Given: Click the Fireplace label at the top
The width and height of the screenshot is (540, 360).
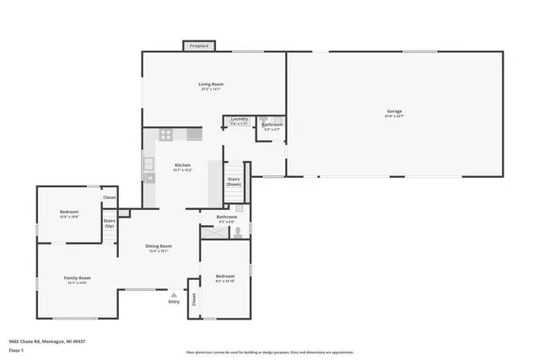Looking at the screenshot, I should click(x=199, y=46).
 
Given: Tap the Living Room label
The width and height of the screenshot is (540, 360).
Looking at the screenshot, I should click(x=211, y=84).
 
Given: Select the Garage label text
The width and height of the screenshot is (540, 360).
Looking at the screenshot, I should click(x=394, y=111).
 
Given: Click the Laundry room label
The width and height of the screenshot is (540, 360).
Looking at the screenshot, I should click(x=240, y=119).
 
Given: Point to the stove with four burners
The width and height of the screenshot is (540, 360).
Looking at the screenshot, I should click(x=166, y=134).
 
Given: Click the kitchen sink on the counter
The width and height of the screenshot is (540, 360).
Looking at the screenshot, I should click(x=149, y=164).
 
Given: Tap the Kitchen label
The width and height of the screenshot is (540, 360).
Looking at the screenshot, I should click(x=183, y=165).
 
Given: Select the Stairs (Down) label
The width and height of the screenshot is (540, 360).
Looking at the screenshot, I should click(x=235, y=181).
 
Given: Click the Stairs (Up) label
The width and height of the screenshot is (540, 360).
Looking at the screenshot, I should click(x=110, y=224).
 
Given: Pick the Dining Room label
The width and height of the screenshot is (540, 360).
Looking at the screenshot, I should click(x=159, y=246).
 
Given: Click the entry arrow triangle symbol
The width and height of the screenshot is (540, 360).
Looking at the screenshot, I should click(x=174, y=295).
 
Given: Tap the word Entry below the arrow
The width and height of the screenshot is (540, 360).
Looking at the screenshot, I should click(x=174, y=302).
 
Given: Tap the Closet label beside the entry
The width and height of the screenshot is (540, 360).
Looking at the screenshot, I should click(x=193, y=298).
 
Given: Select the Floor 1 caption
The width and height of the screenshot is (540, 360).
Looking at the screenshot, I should click(x=16, y=349).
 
